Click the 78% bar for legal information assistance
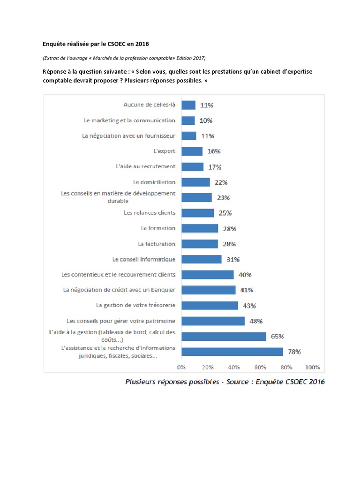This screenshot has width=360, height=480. coord(232,352)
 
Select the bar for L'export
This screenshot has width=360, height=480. coord(192,151)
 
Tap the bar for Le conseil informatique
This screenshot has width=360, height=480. coord(201,259)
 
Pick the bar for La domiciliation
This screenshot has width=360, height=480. coord(195,182)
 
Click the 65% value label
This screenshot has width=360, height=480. coord(277,336)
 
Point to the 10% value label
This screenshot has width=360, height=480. coord(205,120)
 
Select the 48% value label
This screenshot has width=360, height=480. coord(255,321)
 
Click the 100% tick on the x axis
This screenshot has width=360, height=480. coord(312,367)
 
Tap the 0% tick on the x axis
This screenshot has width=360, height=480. coord(181,367)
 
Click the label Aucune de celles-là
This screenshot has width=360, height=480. coord(149,105)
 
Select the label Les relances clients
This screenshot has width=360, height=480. coord(150,213)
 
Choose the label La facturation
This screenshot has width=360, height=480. coord(157,244)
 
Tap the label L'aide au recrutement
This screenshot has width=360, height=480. coord(145,166)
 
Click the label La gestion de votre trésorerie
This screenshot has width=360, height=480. coord(135,305)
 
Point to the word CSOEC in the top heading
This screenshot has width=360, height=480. coord(114,44)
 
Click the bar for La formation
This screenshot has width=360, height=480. coord(200,228)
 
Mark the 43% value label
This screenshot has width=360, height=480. coord(249,306)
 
